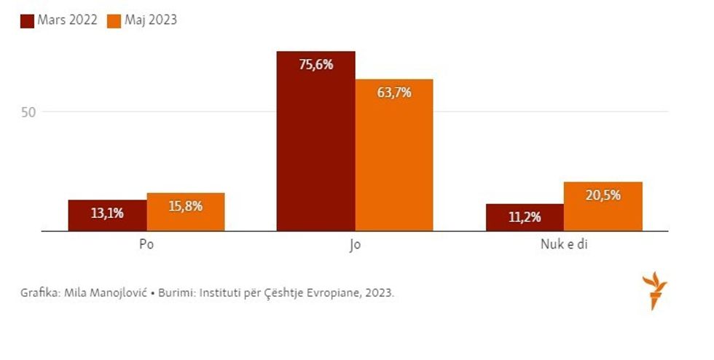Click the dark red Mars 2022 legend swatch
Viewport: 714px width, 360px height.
27,20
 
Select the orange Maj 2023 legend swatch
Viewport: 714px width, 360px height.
113,20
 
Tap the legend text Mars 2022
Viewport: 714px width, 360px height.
68,20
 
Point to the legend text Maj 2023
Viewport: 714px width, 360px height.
151,20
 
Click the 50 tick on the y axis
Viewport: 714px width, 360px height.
28,112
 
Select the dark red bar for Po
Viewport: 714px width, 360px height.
107,216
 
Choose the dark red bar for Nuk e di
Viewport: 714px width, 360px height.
524,218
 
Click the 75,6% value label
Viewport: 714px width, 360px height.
315,65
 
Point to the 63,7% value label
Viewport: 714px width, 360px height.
394,93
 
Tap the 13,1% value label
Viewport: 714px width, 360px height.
107,214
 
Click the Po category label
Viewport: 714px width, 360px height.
146,245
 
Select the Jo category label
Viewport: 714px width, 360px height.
355,245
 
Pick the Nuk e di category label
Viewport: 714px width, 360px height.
563,245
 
